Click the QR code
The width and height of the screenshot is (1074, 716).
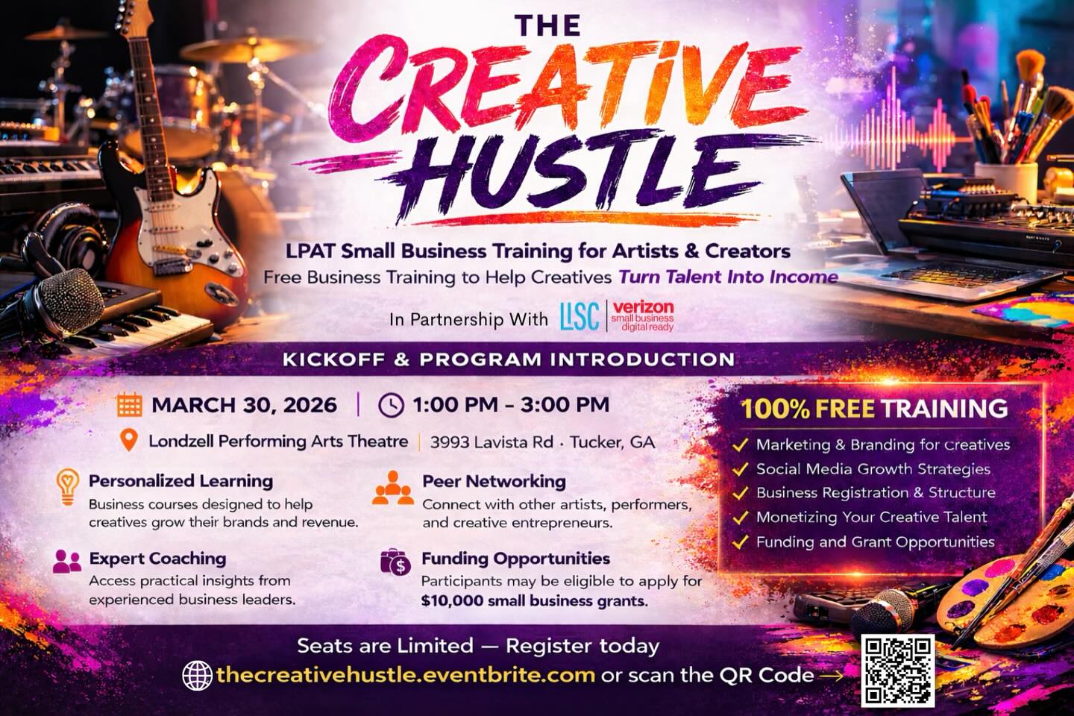(898, 670)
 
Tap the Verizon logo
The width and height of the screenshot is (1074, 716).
(642, 315)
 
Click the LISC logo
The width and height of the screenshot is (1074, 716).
(580, 316)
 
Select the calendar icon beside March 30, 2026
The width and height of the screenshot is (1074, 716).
(129, 405)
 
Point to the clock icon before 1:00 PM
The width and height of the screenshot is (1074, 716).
(391, 405)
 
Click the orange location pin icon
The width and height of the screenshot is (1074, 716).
(129, 440)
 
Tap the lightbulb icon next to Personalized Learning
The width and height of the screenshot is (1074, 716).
(68, 488)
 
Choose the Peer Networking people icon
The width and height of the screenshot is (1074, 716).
(393, 489)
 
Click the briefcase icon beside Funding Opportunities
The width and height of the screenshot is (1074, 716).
(395, 562)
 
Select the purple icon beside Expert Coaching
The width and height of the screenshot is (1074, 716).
(67, 561)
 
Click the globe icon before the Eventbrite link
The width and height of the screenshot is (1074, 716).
(197, 676)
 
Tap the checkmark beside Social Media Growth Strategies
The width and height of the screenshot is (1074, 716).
(740, 470)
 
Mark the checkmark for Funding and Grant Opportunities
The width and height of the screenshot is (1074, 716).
(740, 542)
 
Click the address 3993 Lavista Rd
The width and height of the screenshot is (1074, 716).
(492, 442)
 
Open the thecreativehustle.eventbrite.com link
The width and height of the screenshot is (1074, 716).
(406, 676)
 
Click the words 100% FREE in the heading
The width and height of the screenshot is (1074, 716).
(808, 409)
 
